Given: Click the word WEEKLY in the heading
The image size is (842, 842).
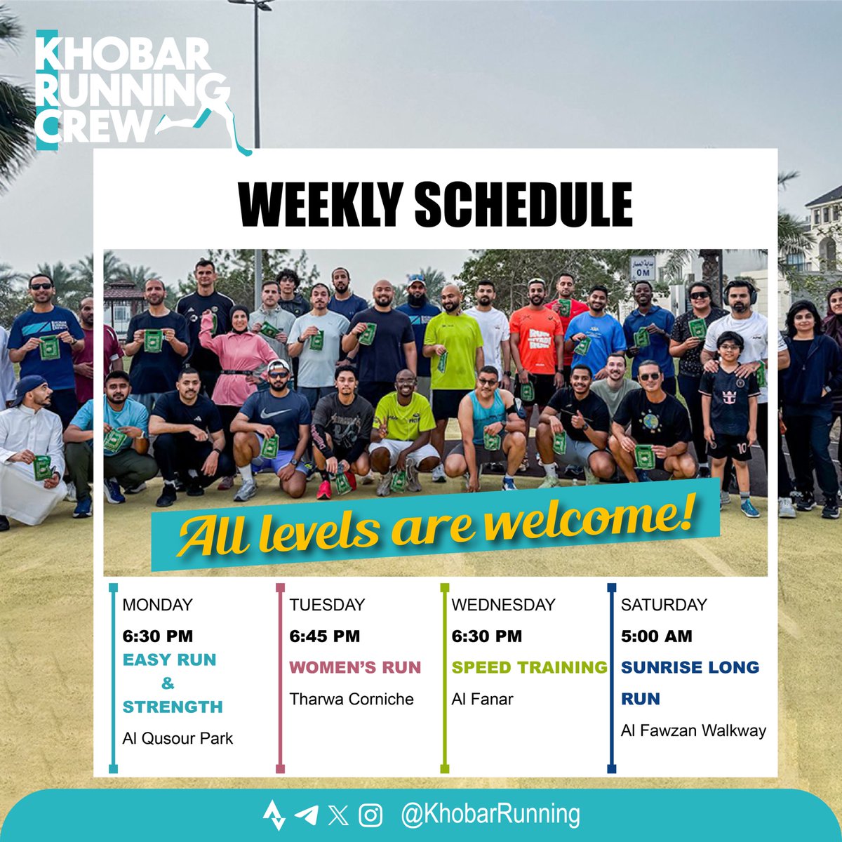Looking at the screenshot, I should (319, 205).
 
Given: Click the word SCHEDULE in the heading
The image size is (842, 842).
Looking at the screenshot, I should (523, 205).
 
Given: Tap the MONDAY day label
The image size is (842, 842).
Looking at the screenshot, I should (157, 605).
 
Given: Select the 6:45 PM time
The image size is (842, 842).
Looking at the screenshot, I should (324, 636).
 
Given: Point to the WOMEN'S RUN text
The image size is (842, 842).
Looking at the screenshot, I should (355, 667).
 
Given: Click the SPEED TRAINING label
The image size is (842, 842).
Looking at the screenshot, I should (529, 667).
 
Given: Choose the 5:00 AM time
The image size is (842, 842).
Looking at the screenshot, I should (656, 636).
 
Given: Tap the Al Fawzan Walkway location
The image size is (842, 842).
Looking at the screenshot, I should (693, 730).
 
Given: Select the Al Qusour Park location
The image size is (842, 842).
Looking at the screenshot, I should (178, 738).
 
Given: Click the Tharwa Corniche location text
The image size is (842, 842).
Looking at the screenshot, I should (352, 699).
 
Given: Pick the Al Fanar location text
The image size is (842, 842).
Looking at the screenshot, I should (482, 699).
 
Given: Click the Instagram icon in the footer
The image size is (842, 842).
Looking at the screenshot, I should (370, 815).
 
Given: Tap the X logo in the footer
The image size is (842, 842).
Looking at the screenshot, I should (338, 815).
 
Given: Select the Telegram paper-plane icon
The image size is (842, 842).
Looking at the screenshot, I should (306, 815).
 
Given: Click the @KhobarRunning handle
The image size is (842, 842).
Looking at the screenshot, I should (490, 815).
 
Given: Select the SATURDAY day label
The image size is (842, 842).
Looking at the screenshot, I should (664, 605).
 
